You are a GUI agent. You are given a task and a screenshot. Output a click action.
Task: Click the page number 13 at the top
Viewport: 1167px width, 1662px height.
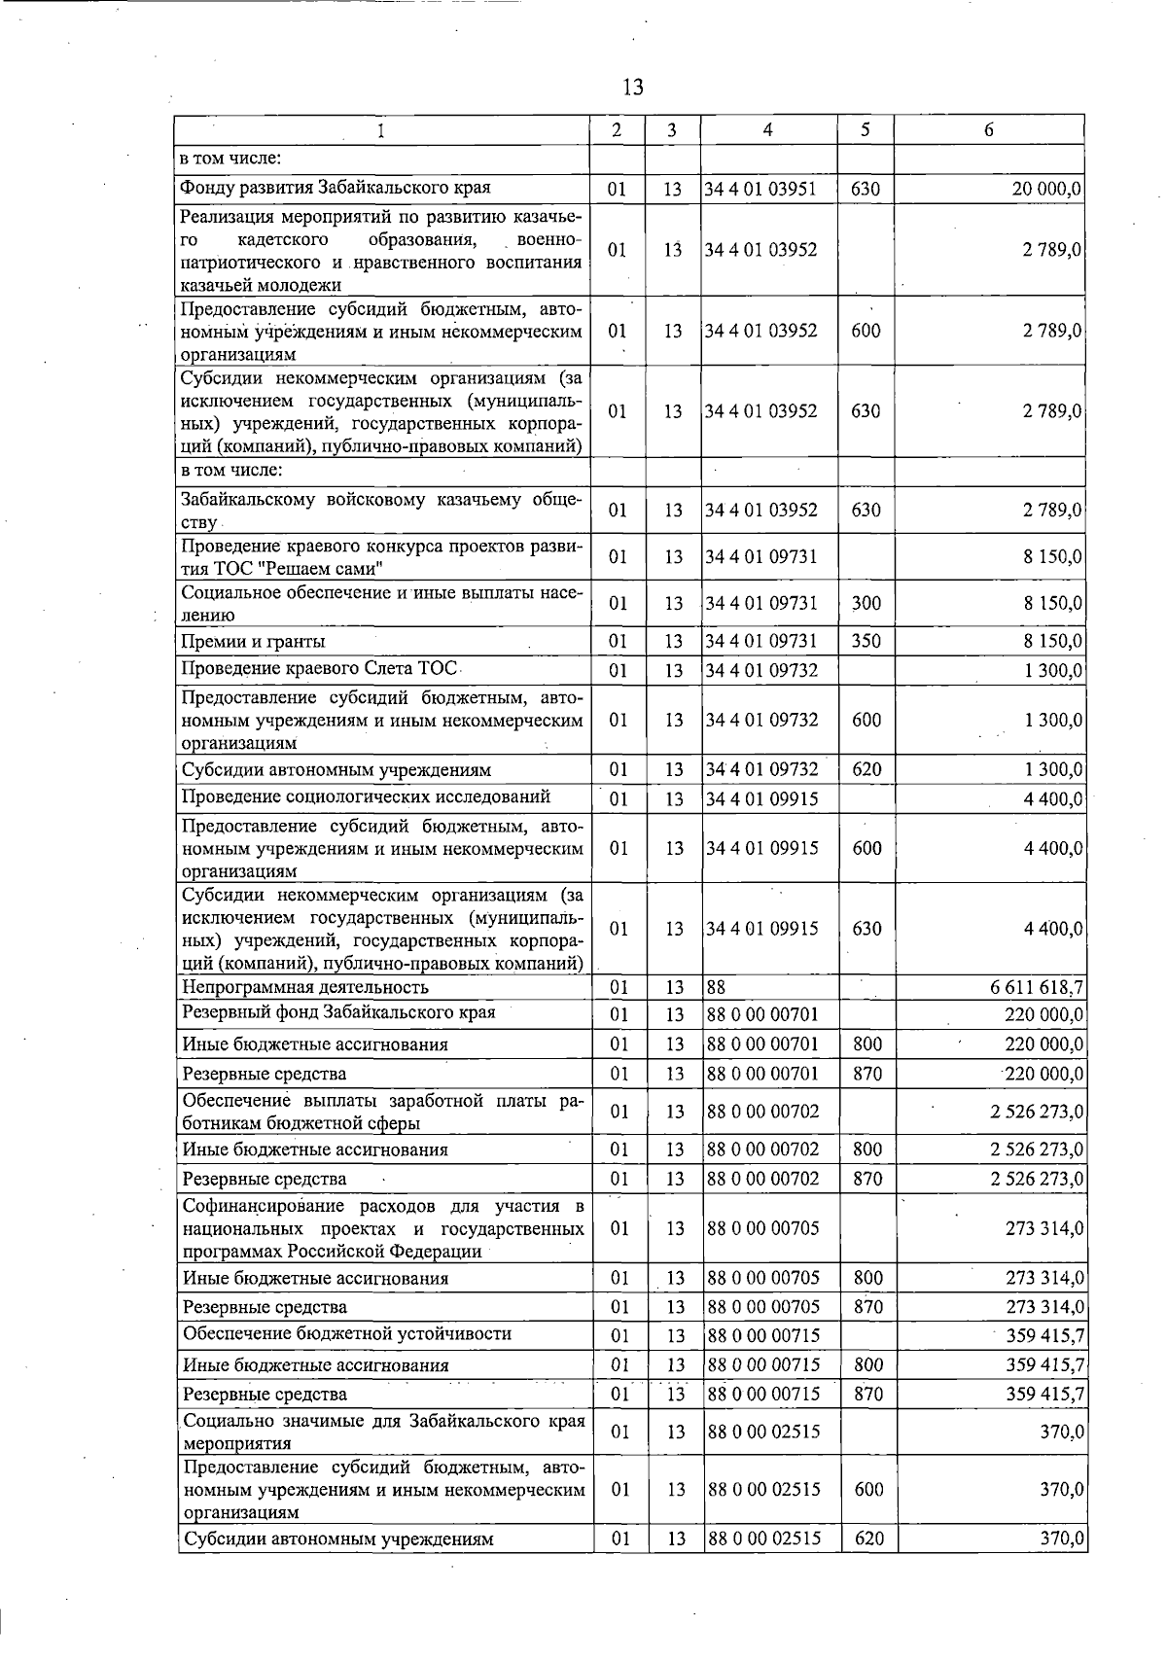point(632,88)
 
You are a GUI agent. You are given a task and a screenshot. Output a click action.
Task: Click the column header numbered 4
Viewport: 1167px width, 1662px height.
point(768,130)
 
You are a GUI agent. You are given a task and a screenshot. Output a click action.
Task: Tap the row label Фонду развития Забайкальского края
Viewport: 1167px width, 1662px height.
point(336,188)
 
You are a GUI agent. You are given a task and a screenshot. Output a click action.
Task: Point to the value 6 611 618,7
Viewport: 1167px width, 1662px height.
point(1037,987)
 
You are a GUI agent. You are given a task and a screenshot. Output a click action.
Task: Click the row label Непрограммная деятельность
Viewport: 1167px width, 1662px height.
point(305,987)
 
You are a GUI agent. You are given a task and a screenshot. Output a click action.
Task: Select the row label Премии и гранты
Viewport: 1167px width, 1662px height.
point(254,641)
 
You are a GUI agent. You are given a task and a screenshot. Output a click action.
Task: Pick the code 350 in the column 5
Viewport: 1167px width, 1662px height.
point(866,641)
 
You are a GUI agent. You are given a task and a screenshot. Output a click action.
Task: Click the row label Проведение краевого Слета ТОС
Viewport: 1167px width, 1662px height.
point(320,669)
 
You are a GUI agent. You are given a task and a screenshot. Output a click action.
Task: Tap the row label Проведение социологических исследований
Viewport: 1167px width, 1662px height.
point(367,796)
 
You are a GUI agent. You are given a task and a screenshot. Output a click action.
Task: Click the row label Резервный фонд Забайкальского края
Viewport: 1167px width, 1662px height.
point(338,1012)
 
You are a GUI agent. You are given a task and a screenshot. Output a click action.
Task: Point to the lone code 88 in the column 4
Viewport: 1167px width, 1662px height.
point(716,987)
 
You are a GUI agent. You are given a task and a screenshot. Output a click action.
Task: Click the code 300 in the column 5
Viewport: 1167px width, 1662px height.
point(866,603)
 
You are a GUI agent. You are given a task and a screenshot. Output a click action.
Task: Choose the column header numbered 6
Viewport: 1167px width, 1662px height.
point(989,130)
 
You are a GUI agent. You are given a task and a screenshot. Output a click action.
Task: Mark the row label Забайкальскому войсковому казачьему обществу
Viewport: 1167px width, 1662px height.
point(381,510)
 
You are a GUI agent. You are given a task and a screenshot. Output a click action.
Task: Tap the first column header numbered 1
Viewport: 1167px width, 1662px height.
point(381,130)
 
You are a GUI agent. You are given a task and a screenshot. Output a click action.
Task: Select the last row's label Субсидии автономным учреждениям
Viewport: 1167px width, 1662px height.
point(338,1539)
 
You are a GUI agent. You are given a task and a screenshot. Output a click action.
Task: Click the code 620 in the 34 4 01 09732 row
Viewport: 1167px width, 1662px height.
point(866,769)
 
